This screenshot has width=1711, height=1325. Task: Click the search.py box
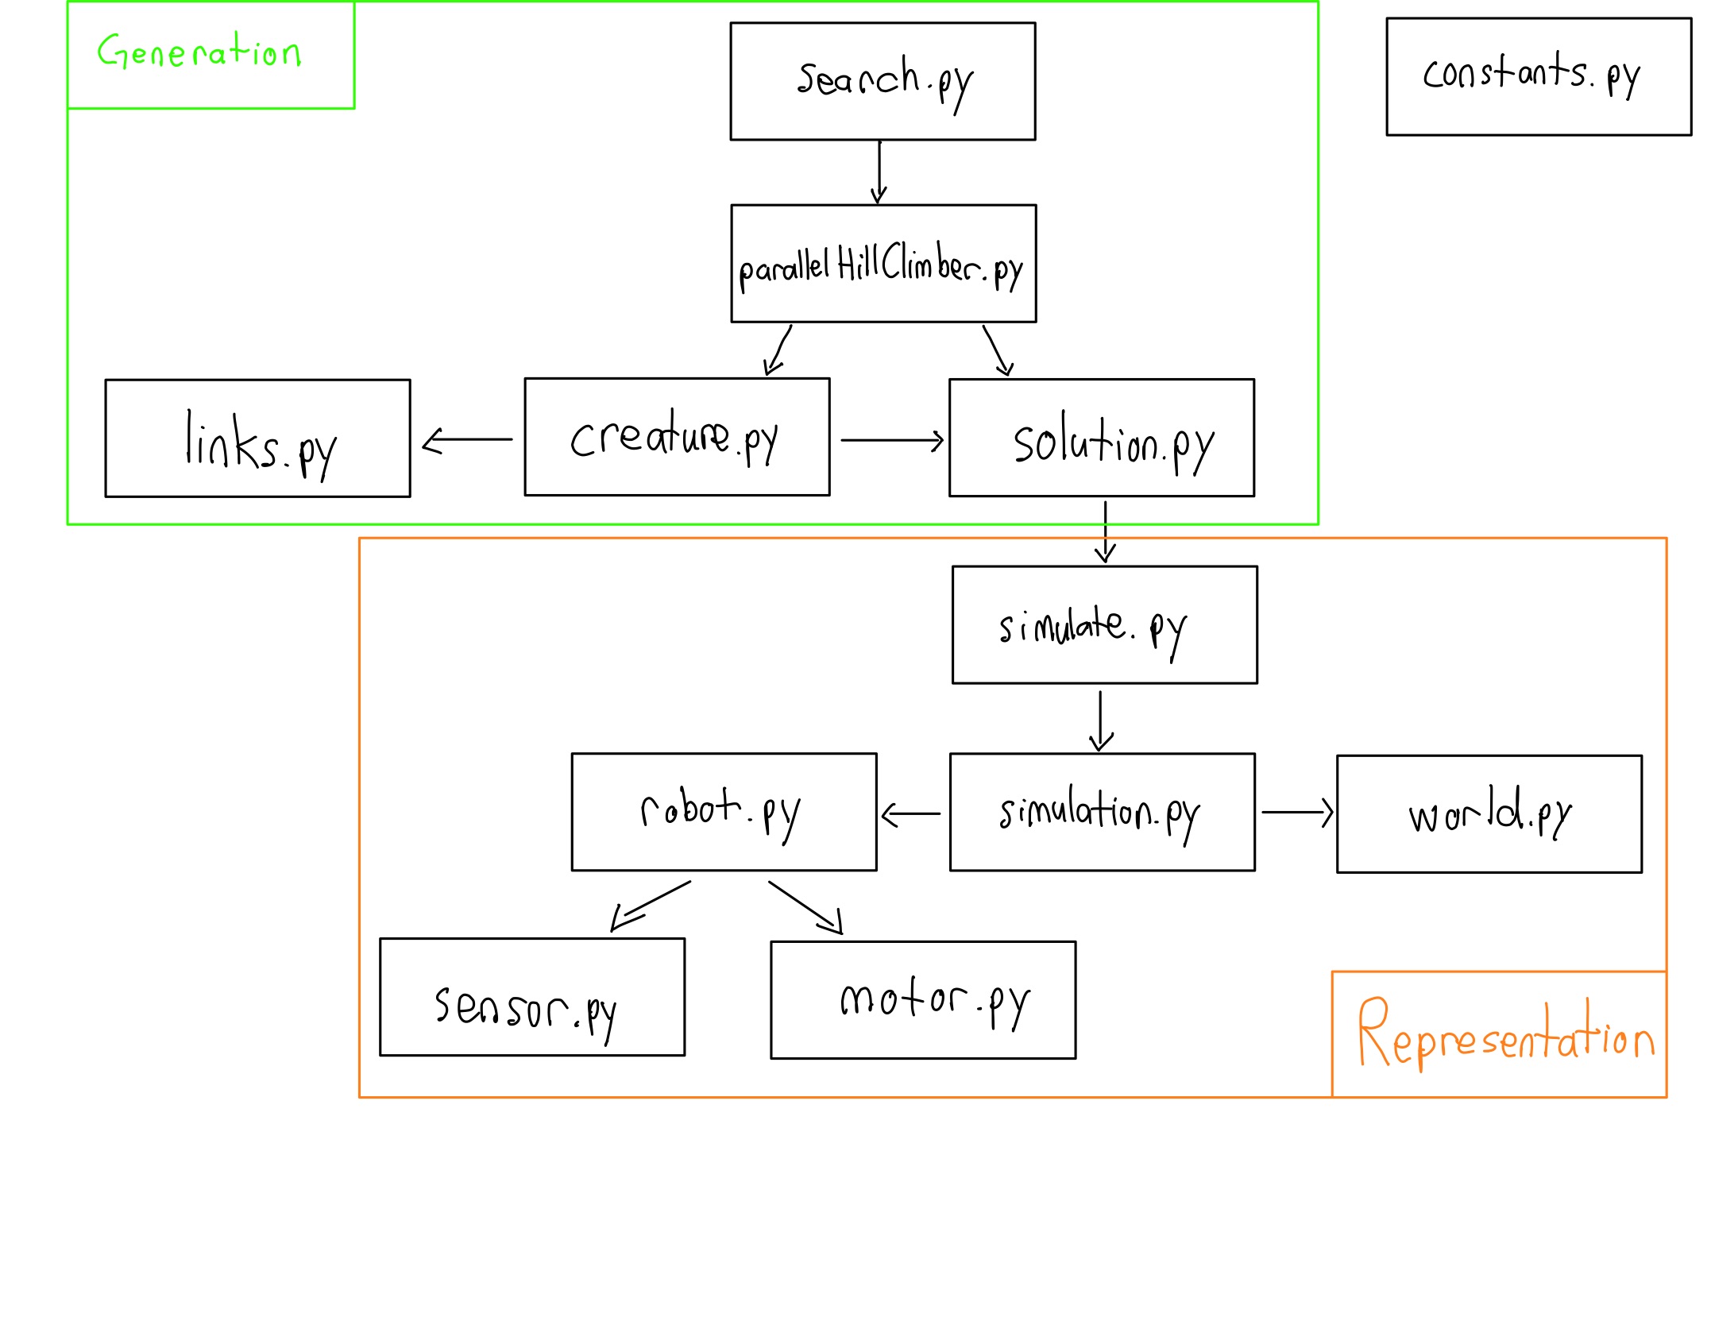click(x=883, y=81)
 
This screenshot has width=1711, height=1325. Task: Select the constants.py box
click(x=1539, y=76)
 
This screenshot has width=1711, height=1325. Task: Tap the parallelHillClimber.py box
click(x=883, y=263)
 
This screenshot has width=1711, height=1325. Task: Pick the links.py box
click(x=257, y=438)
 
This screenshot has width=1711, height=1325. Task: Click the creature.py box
click(x=677, y=436)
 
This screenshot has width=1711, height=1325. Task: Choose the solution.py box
click(x=1101, y=437)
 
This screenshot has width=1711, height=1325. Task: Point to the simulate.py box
click(x=1104, y=624)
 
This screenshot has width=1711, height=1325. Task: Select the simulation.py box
click(x=1102, y=811)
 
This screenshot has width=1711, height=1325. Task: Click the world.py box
click(x=1489, y=813)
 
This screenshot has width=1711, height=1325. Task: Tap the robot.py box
click(x=724, y=811)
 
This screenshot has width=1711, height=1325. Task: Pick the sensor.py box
click(x=532, y=996)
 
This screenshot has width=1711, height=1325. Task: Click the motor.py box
click(x=923, y=999)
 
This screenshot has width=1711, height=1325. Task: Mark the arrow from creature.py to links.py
click(x=467, y=439)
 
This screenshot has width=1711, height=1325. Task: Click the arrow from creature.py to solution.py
click(x=891, y=439)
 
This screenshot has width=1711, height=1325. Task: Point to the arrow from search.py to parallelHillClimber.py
click(x=879, y=172)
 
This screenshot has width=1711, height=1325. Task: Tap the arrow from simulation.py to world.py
click(x=1296, y=812)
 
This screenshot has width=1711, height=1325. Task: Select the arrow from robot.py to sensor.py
click(x=651, y=905)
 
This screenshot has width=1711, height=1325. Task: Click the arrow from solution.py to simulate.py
click(x=1105, y=531)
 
